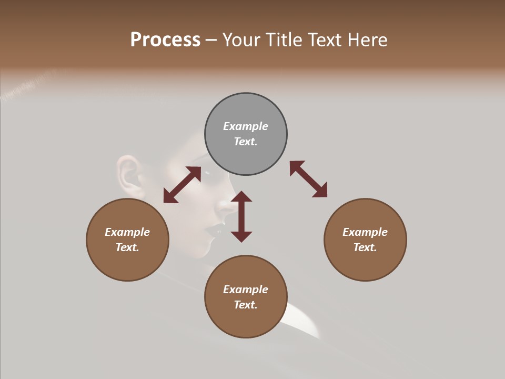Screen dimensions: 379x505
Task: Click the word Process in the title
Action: (x=165, y=40)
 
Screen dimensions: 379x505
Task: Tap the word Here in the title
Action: (x=365, y=40)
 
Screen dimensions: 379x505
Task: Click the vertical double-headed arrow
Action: (x=241, y=216)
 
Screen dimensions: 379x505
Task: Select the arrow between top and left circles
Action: (x=182, y=185)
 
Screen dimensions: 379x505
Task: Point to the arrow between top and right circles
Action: (x=308, y=179)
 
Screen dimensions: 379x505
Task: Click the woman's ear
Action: (x=128, y=174)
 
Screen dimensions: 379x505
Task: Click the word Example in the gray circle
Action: (x=246, y=126)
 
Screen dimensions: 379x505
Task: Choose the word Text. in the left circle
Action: (x=127, y=247)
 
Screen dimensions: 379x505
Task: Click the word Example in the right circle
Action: (x=365, y=232)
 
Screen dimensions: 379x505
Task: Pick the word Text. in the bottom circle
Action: (x=246, y=305)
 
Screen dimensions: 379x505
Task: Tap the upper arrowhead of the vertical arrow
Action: (x=241, y=196)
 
